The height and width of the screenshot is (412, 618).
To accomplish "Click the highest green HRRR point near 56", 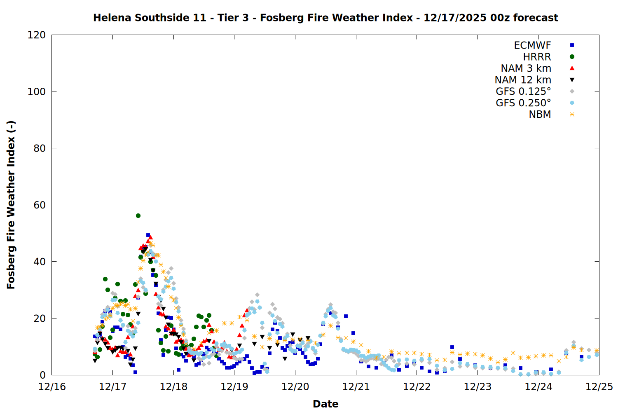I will [x=138, y=215].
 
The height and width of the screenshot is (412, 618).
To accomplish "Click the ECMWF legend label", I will [x=532, y=45].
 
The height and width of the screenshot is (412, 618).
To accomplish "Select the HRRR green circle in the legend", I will [x=572, y=57].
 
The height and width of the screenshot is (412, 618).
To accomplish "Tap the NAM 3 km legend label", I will [x=526, y=68].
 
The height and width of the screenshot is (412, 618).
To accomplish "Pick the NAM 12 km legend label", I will [x=523, y=80].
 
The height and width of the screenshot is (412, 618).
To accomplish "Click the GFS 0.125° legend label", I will [x=523, y=91].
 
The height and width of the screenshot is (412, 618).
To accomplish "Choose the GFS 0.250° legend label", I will [x=523, y=103].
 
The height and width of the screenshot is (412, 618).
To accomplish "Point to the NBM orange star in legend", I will [x=572, y=115].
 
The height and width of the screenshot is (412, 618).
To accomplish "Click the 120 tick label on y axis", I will [x=36, y=35].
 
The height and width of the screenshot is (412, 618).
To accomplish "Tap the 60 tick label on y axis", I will [x=40, y=205].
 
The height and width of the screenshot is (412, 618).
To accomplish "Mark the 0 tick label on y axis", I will [x=43, y=375].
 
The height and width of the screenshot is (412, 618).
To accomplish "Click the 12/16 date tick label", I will [x=52, y=387].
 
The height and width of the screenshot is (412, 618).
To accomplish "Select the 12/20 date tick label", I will [x=295, y=387].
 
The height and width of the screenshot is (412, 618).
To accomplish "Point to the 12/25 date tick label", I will [x=599, y=387].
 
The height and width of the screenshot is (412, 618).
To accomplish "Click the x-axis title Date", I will [x=325, y=404].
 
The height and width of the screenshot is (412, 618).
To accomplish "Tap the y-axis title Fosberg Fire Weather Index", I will [x=11, y=205].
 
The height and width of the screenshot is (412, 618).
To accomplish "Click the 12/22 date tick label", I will [x=417, y=387].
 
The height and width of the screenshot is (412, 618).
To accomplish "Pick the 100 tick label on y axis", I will [x=36, y=91].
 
